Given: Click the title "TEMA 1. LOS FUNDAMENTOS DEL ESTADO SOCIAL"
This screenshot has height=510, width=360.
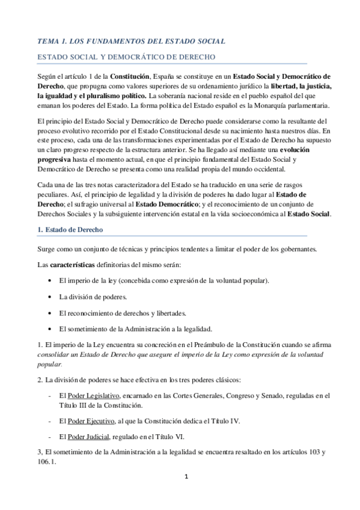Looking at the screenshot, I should tap(131, 41).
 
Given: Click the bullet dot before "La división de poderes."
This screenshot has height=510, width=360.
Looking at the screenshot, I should tap(49, 297).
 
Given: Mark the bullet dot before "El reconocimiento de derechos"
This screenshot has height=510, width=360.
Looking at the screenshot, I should tap(49, 313).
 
